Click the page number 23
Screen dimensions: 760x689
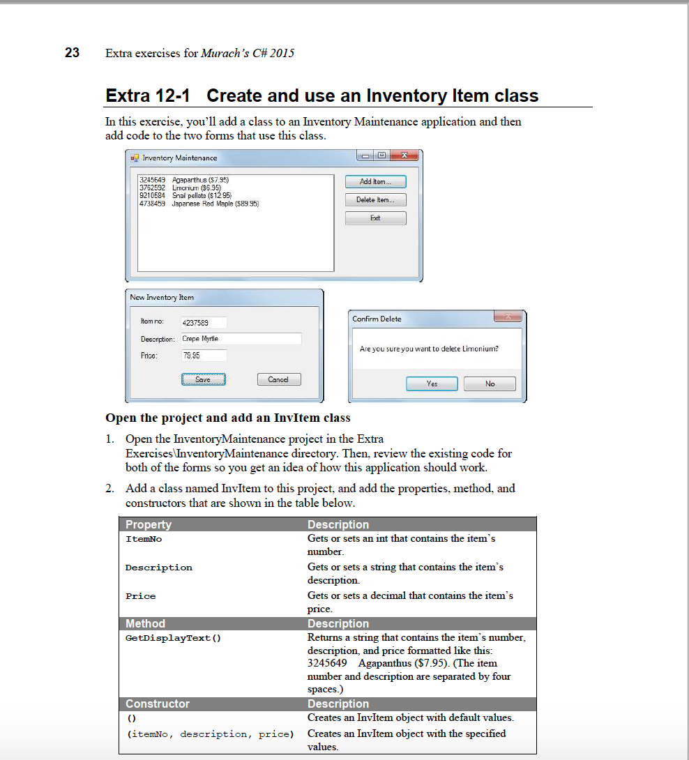point(72,53)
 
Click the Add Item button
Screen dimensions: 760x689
point(375,182)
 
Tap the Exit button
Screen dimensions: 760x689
point(375,218)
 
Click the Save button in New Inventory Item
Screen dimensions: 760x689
point(203,379)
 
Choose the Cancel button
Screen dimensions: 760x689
point(278,379)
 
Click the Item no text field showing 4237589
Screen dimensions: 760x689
point(203,323)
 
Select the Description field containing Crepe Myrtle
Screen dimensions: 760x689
point(241,339)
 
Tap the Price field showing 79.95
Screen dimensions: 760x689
point(203,356)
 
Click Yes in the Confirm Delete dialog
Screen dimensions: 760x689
point(432,383)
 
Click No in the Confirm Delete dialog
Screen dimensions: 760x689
point(490,383)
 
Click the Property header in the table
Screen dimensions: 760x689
point(149,524)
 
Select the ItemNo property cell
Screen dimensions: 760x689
point(144,539)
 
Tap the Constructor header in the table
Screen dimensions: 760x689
point(158,704)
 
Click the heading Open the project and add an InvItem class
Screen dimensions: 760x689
point(227,418)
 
